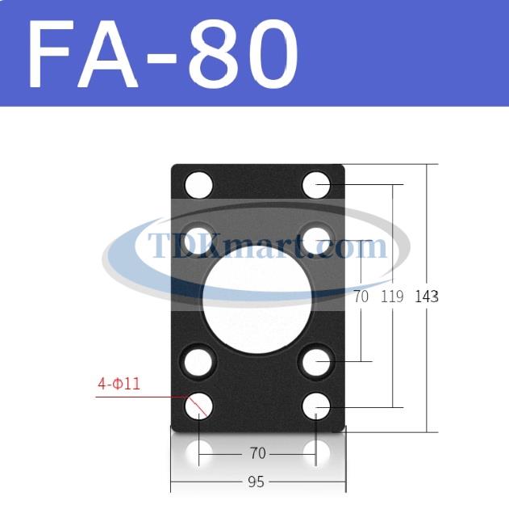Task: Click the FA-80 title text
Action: coord(163,53)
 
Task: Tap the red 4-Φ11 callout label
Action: coord(119,385)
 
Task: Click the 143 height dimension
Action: coord(427,297)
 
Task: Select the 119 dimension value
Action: coord(392,297)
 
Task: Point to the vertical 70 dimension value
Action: coord(361,297)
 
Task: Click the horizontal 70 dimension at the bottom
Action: coord(258,453)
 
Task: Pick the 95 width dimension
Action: coord(256,482)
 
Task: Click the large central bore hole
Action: coord(257,300)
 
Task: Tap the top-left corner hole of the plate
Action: coord(198,185)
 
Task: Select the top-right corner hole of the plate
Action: coord(316,185)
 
